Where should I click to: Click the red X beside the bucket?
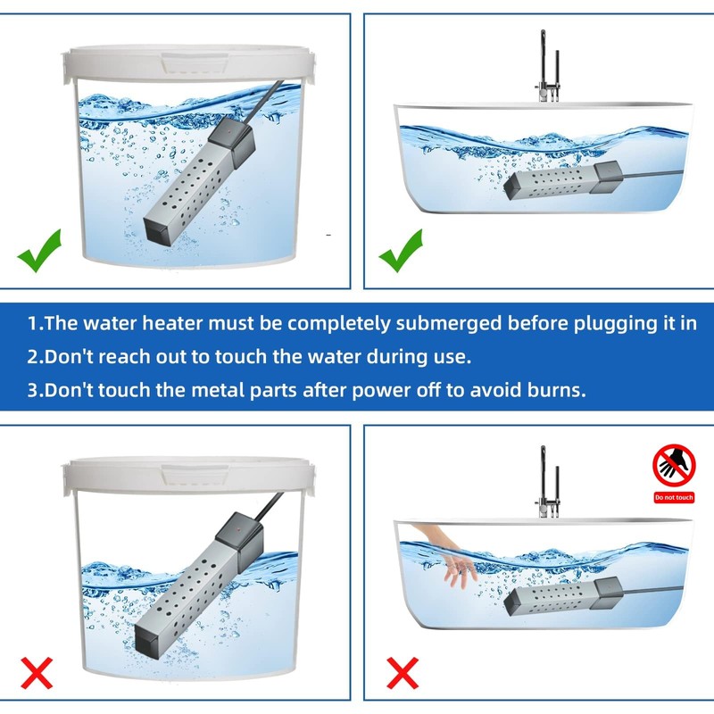[37, 673]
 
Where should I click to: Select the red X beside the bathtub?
[403, 673]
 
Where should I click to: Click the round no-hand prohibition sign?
[674, 466]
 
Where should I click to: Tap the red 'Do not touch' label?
[674, 497]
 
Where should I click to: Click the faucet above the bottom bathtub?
[548, 482]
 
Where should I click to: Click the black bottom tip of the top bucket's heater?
[157, 231]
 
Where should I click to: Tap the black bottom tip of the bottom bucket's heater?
[149, 639]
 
